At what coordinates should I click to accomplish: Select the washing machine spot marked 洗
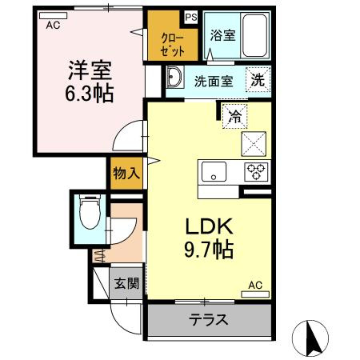pyautogui.click(x=258, y=80)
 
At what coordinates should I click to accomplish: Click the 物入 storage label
pyautogui.click(x=126, y=171)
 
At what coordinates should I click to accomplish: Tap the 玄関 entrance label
pyautogui.click(x=125, y=283)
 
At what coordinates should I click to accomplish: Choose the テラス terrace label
pyautogui.click(x=208, y=320)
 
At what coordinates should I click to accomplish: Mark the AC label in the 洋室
pyautogui.click(x=53, y=25)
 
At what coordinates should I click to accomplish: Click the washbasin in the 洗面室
pyautogui.click(x=176, y=79)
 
